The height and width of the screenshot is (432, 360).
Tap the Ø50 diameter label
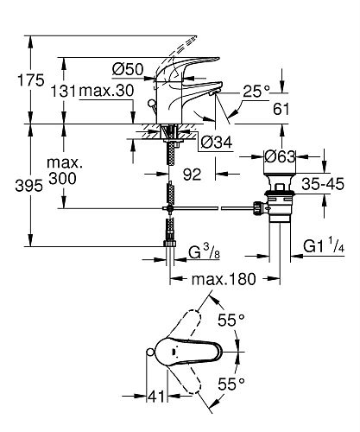[127, 68]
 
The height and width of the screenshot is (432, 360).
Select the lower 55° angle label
[232, 382]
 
